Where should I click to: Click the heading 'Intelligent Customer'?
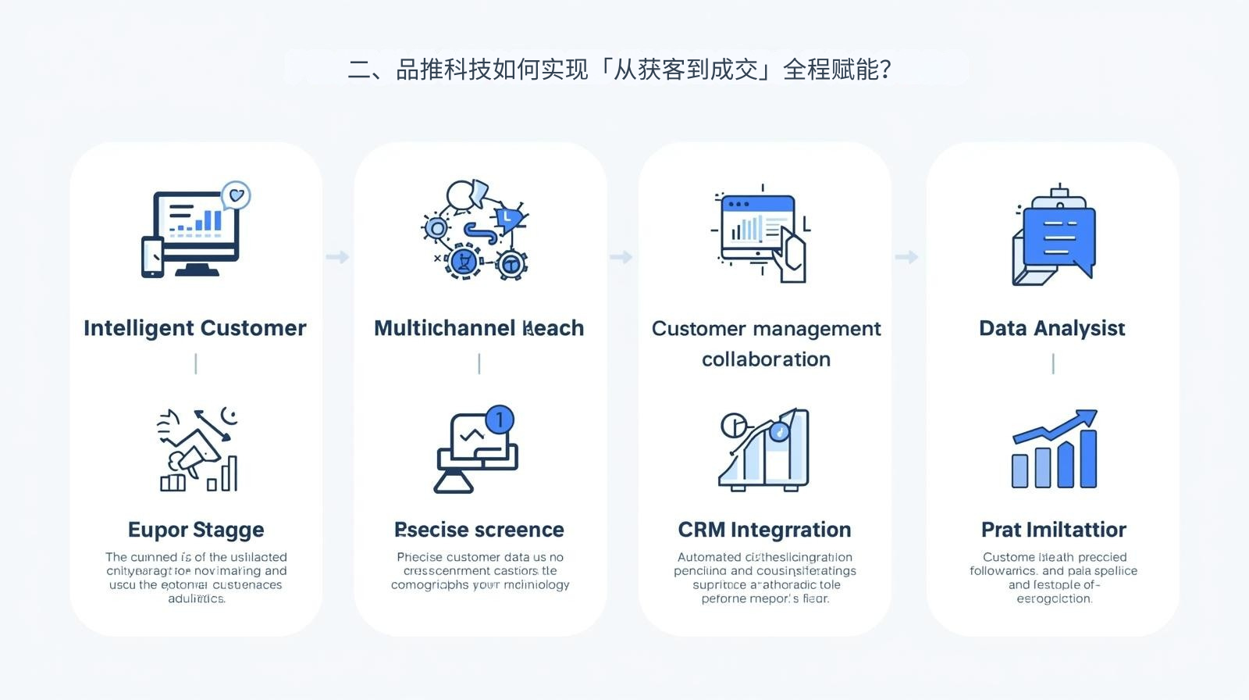point(194,328)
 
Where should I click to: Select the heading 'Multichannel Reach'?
point(479,328)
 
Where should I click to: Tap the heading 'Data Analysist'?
point(1052,328)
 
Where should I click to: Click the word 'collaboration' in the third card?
point(766,359)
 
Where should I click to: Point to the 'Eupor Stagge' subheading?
point(196,530)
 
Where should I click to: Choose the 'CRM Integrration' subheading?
point(764,530)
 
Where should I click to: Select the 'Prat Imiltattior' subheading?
point(1053,530)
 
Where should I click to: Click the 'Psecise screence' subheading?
point(479,530)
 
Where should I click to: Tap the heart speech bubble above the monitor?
point(237,195)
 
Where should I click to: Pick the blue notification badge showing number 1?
point(500,420)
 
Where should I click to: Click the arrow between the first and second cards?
point(337,257)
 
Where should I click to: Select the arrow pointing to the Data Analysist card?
point(906,257)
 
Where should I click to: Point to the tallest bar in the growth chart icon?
point(1088,459)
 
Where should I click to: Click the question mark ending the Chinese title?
point(885,70)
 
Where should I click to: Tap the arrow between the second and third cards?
point(621,257)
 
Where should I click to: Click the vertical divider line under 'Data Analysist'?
point(1053,363)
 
